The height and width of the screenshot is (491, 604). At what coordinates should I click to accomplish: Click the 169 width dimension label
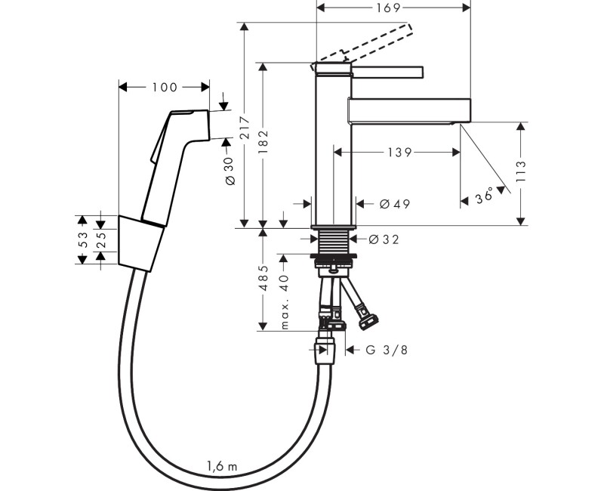[x=388, y=8]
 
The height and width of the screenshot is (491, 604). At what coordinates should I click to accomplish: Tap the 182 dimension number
[x=263, y=143]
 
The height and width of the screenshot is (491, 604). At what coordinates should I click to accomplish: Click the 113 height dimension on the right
[x=521, y=171]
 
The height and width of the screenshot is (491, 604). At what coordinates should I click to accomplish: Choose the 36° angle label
[x=484, y=196]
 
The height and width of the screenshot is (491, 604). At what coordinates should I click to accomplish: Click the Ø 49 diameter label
[x=394, y=203]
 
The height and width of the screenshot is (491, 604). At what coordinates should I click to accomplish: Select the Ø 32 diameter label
[x=384, y=239]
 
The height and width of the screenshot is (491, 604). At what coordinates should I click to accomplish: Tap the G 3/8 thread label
[x=386, y=350]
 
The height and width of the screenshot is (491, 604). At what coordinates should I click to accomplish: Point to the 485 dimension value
[x=263, y=278]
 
